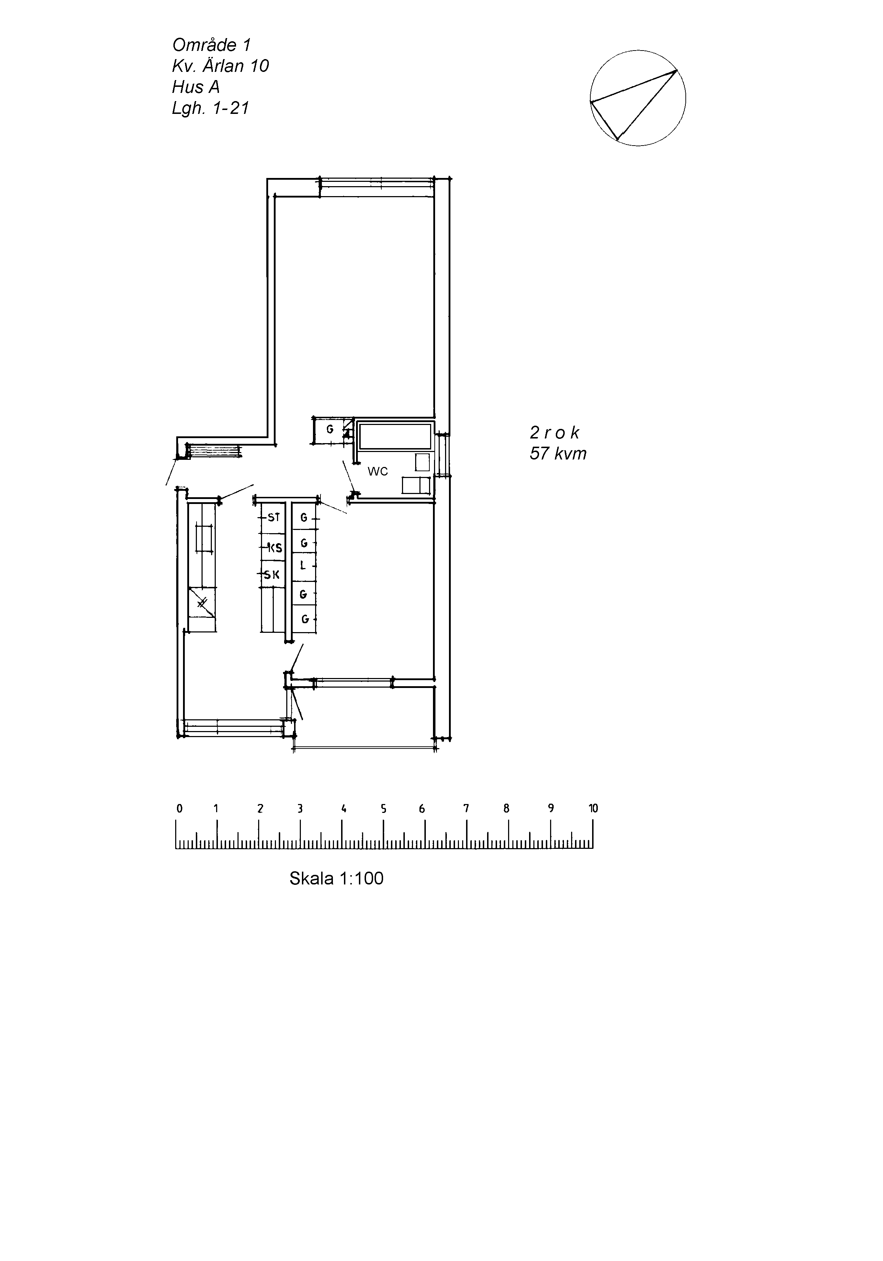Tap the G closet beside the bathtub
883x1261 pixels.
tap(330, 430)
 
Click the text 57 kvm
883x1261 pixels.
tap(558, 454)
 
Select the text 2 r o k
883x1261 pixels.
tap(554, 433)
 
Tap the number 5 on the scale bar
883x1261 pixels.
tap(383, 808)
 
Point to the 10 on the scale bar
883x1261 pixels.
tap(593, 808)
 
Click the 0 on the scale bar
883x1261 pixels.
tap(179, 808)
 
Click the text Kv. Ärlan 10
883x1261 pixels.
tap(220, 66)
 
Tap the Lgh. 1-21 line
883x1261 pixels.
tap(210, 107)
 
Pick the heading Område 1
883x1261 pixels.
tap(211, 44)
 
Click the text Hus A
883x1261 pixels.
tap(195, 87)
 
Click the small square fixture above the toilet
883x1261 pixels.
tap(422, 462)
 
